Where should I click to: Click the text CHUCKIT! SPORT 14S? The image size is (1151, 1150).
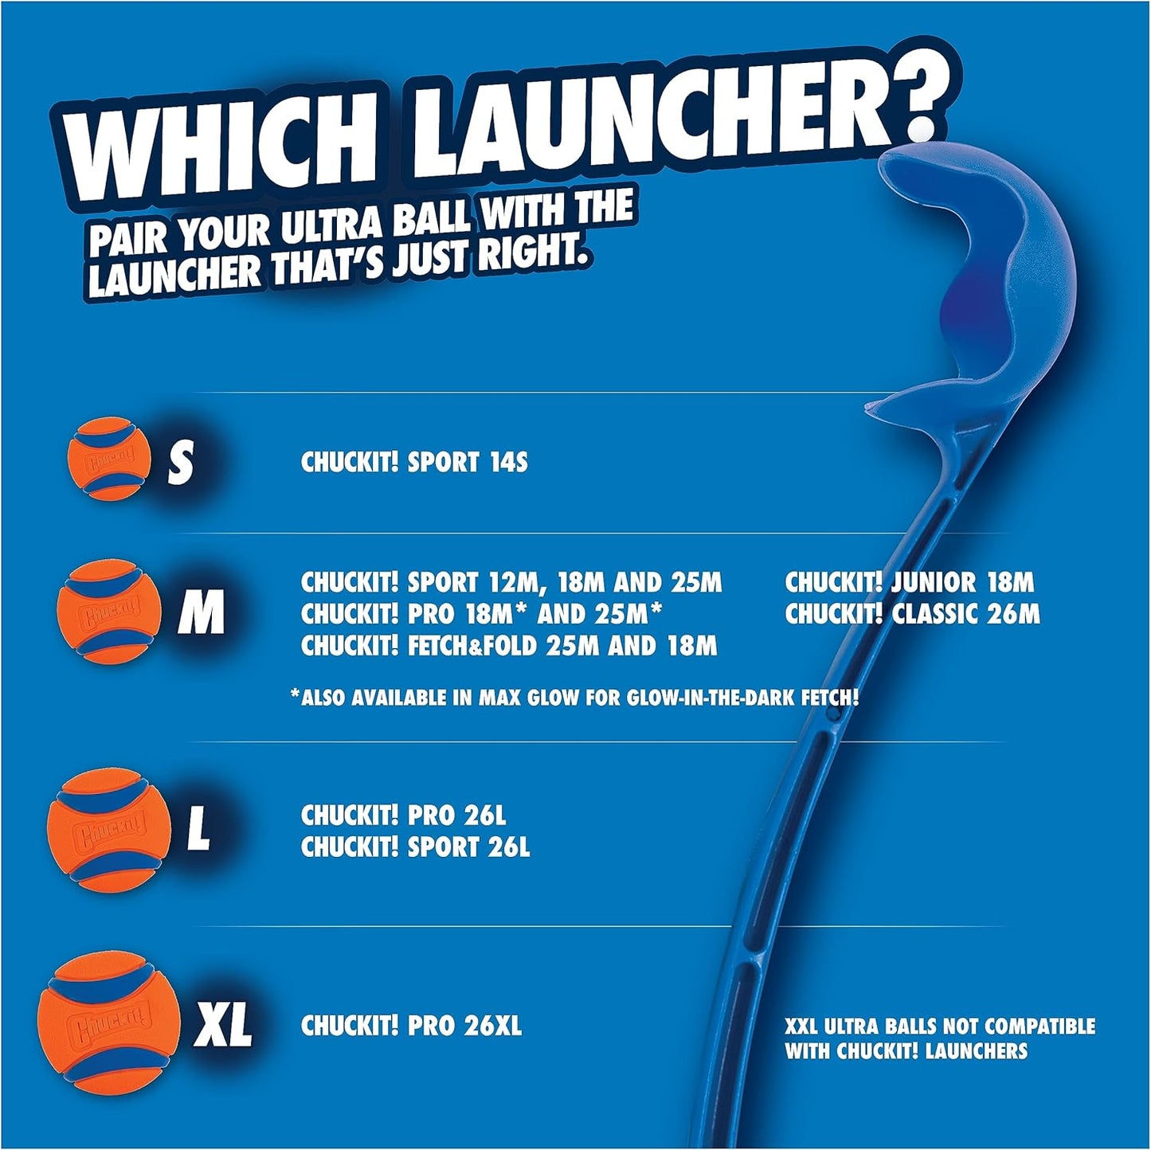tap(414, 463)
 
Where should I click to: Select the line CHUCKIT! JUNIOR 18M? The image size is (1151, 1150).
tap(909, 582)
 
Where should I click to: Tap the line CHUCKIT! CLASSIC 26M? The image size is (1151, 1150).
tap(912, 614)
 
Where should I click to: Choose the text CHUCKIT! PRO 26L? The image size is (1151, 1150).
tap(403, 816)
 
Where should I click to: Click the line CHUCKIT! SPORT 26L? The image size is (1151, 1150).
tap(415, 847)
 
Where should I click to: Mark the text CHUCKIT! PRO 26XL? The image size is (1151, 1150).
tap(411, 1026)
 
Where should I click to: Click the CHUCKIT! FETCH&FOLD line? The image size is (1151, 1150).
tap(508, 646)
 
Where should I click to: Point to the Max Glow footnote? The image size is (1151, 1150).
tap(574, 698)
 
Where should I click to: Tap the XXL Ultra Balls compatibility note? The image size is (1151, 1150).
tap(939, 1039)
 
